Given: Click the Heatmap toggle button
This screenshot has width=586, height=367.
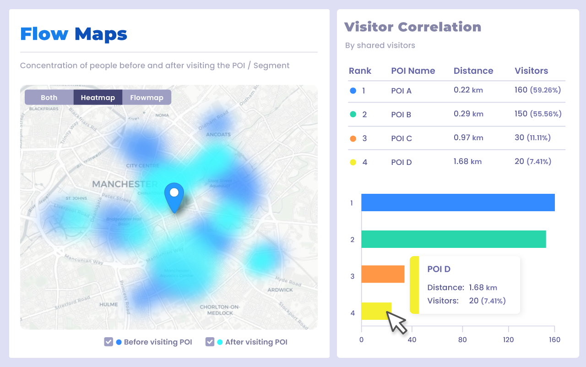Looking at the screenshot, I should click(98, 98).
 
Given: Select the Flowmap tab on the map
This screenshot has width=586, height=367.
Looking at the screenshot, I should click(146, 98).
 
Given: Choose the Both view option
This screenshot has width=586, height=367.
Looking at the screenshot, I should click(49, 98).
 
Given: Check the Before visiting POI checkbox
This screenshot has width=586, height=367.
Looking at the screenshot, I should click(109, 342).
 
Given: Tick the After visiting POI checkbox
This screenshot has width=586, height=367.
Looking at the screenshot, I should click(210, 342).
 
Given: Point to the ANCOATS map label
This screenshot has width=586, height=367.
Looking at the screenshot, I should click(218, 135).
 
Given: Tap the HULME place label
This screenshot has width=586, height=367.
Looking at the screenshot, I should click(109, 304).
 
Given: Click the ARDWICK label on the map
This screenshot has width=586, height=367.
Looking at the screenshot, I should click(280, 290).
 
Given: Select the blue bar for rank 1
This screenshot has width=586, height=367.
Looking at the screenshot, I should click(458, 203).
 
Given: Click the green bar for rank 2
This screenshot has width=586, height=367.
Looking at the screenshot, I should click(453, 239).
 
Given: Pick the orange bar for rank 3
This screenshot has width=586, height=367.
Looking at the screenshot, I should click(383, 274).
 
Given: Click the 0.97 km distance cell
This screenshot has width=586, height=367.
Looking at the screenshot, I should click(468, 138).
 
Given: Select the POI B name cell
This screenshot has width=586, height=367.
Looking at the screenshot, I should click(401, 115).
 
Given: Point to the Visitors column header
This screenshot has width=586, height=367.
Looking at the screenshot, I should click(531, 71).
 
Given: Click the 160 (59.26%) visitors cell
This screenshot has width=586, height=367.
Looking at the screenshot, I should click(537, 90).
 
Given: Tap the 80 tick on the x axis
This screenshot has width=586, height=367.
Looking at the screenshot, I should click(462, 340).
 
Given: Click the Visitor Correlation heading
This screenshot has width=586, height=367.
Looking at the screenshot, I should click(412, 27).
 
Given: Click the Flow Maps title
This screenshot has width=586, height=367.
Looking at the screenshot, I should click(74, 34).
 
